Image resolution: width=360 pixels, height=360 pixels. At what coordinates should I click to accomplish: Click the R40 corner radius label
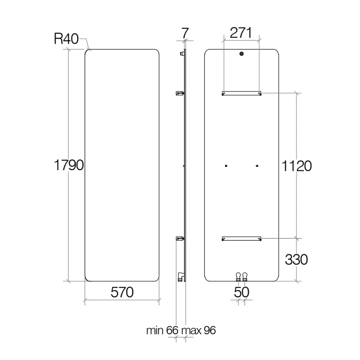click(66, 39)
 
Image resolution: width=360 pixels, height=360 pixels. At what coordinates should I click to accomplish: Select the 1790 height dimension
click(69, 165)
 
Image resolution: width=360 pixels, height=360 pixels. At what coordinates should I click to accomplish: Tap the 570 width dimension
click(122, 292)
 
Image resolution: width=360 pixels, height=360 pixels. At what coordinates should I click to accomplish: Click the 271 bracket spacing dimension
click(241, 33)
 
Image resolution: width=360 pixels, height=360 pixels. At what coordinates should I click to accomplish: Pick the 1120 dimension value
click(296, 166)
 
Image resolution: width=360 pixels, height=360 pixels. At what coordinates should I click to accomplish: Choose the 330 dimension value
click(296, 260)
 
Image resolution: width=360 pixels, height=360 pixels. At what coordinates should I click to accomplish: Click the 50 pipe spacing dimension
click(242, 292)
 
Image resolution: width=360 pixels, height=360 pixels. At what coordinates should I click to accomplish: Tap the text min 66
click(162, 330)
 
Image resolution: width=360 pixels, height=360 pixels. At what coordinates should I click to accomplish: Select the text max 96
click(198, 330)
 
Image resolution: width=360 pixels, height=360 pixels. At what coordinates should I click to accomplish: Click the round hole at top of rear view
click(241, 54)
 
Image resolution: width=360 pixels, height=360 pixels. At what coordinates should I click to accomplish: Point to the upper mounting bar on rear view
click(242, 93)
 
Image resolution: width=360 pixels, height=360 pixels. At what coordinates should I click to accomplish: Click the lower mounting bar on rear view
click(242, 238)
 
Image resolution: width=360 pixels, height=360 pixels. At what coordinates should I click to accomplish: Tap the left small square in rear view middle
click(226, 166)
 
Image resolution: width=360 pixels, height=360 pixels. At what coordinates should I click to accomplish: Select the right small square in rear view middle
click(257, 166)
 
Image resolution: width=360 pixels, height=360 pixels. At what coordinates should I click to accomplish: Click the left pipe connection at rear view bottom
click(238, 277)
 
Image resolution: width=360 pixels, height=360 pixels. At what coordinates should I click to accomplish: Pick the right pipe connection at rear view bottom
click(245, 277)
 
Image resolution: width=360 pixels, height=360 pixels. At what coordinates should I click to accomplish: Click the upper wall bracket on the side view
click(180, 93)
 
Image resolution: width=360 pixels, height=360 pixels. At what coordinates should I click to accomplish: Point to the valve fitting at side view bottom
click(181, 277)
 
